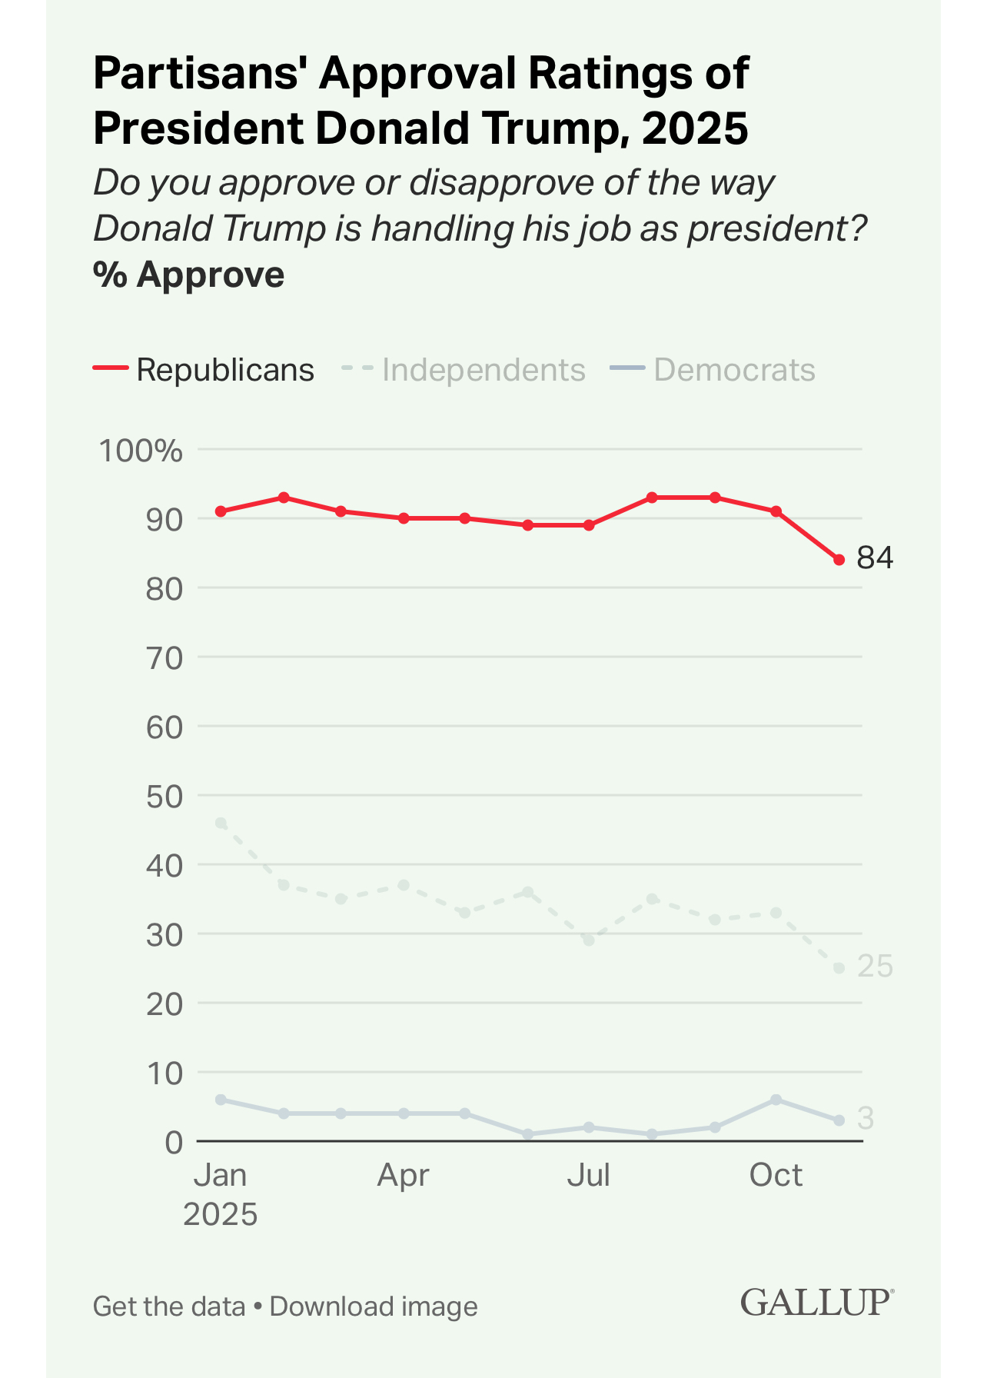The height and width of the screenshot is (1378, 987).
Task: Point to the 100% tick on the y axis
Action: (141, 451)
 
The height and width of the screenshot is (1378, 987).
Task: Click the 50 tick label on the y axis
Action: (164, 796)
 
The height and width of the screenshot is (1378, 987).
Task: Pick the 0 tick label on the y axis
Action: (174, 1142)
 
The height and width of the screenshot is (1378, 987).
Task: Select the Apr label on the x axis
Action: (403, 1175)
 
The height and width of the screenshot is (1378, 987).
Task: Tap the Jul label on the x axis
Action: (589, 1175)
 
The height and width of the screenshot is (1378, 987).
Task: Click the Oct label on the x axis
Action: (776, 1175)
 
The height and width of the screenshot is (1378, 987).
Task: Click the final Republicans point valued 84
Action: (839, 560)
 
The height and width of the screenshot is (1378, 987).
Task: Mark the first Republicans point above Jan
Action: (221, 511)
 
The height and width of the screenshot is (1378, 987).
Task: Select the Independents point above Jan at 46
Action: (221, 823)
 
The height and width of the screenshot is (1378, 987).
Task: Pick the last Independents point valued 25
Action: (839, 968)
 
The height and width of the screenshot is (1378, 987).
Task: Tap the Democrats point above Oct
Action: (776, 1100)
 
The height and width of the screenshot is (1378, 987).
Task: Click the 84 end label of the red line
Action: (875, 558)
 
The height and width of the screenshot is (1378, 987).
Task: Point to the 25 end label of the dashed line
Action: (875, 967)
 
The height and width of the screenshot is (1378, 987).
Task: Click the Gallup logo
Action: (816, 1303)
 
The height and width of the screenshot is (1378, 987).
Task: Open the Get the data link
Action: (169, 1306)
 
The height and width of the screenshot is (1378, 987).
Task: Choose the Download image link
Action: (374, 1306)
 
